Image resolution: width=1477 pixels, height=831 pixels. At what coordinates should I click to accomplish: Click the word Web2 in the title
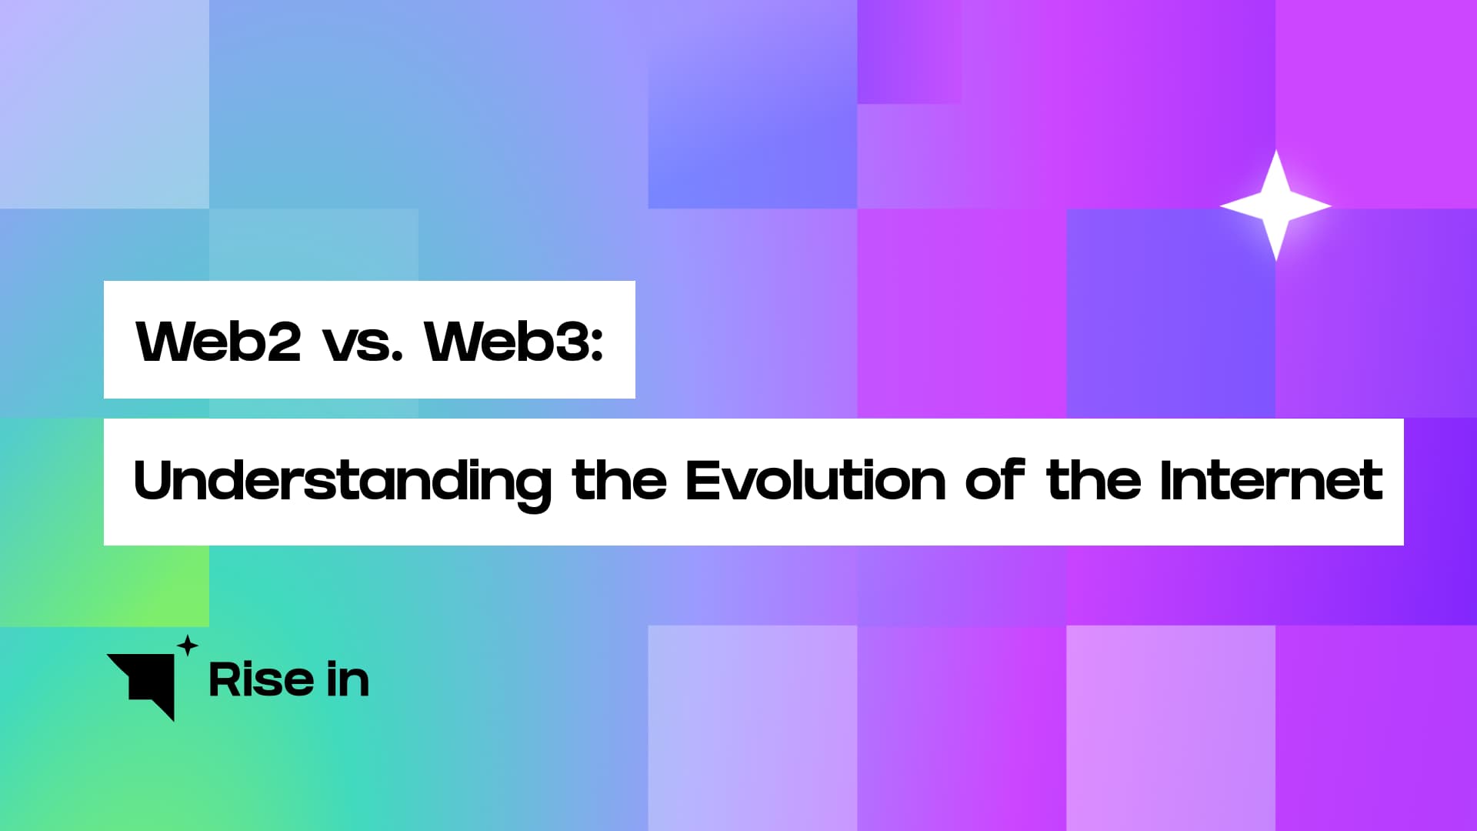pos(218,341)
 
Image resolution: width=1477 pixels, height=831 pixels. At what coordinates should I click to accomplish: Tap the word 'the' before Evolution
pos(619,481)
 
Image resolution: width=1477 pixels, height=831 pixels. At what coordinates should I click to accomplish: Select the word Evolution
pos(815,481)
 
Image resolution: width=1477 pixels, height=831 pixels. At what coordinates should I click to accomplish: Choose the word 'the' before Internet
pos(1093,481)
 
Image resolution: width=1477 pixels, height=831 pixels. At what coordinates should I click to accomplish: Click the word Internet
pos(1271,481)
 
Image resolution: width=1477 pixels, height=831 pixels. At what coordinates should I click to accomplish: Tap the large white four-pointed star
pos(1275,205)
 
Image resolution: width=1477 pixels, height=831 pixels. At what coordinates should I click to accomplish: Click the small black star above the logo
pos(188,646)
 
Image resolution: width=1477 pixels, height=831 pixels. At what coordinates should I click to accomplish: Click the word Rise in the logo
pos(261,680)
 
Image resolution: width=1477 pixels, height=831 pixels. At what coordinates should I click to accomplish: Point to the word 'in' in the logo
pos(348,680)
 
